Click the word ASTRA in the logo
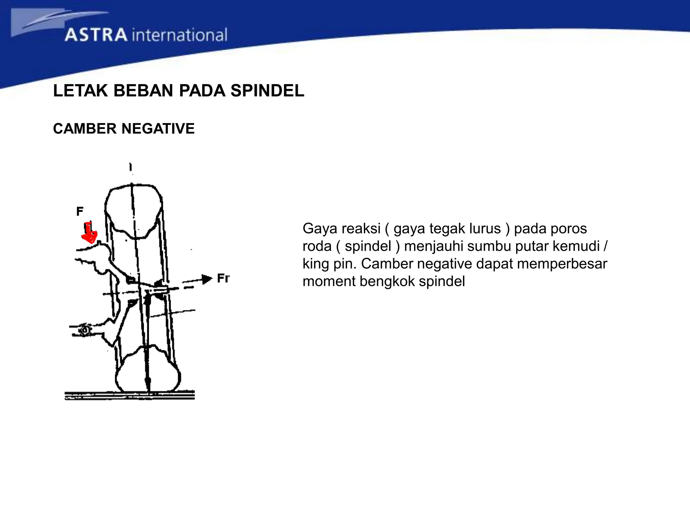[96, 35]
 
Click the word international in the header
[180, 35]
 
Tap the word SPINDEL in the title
[267, 91]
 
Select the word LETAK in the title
[81, 91]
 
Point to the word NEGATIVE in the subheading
[158, 129]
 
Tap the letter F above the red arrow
[80, 211]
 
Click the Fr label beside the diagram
[223, 278]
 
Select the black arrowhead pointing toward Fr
[207, 279]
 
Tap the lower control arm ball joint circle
[85, 330]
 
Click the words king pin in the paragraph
[329, 264]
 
